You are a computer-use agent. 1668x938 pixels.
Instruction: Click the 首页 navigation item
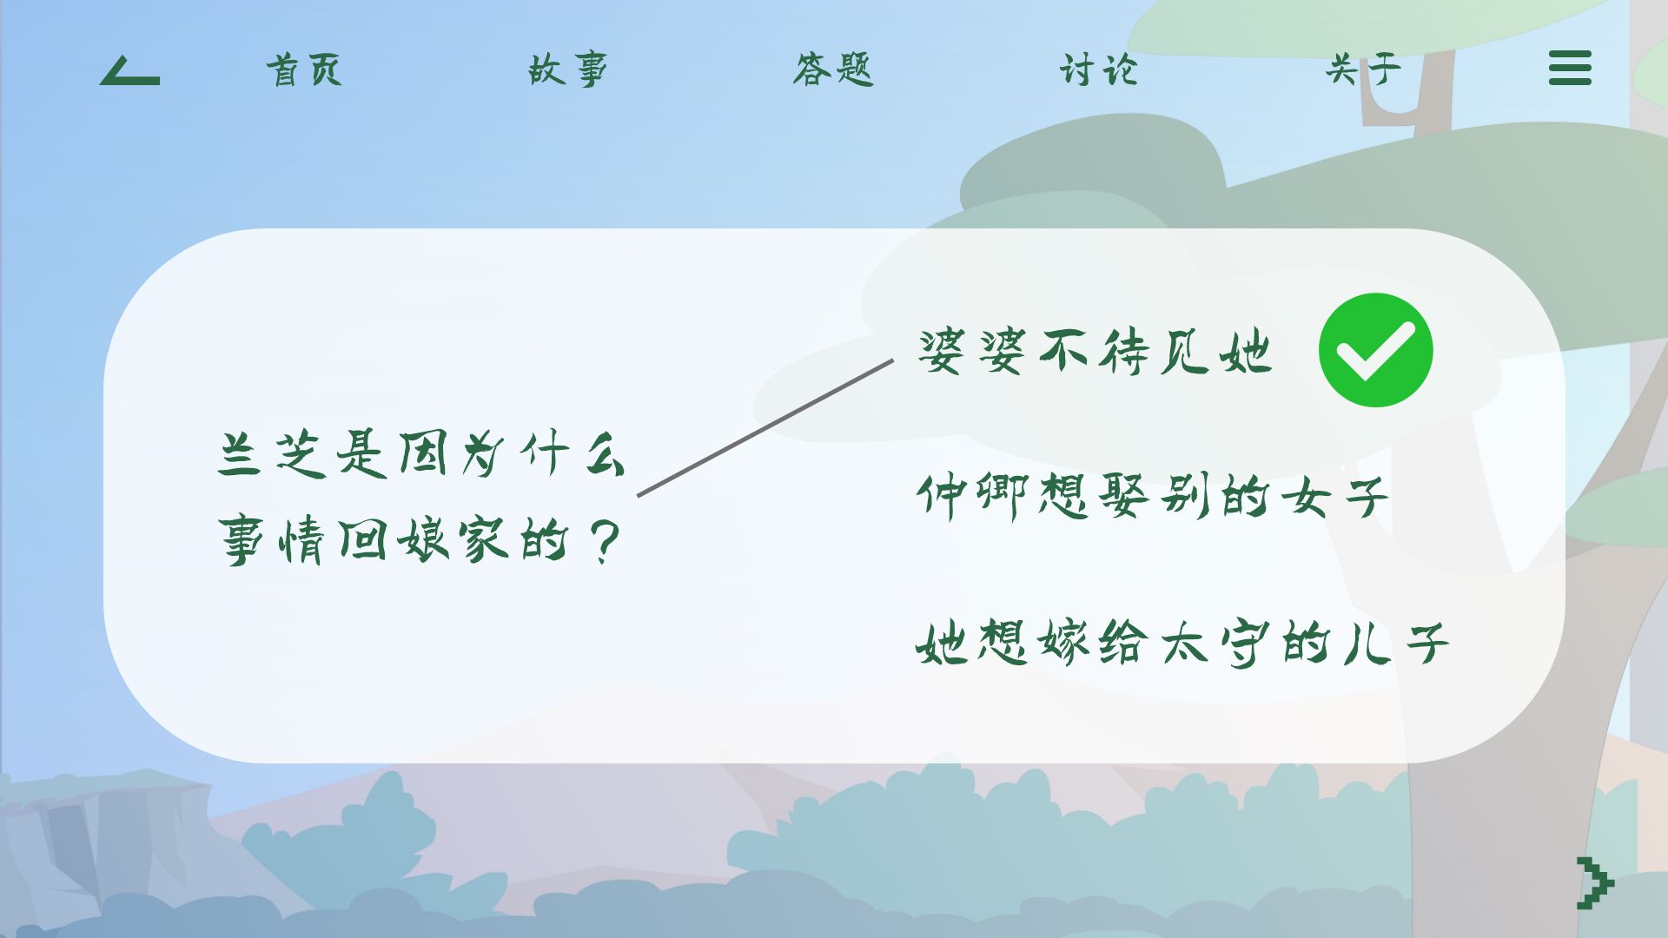304,69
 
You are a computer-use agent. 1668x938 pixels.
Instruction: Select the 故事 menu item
568,69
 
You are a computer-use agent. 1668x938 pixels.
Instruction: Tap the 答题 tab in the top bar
833,69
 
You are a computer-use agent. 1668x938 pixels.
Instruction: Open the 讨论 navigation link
1098,69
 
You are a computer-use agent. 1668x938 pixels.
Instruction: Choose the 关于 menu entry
1363,69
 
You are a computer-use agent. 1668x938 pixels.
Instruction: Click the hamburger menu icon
1570,68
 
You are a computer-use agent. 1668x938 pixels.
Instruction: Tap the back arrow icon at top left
130,71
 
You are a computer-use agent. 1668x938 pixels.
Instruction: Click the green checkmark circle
1375,350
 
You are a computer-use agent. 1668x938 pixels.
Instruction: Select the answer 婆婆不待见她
1095,352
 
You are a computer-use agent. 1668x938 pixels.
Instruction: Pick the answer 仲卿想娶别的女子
1152,497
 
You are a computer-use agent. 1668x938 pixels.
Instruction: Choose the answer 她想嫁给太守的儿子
1182,644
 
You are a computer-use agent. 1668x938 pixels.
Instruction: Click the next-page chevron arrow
1595,883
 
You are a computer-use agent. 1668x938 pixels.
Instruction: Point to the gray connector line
765,428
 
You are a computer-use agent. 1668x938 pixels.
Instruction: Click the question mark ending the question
604,541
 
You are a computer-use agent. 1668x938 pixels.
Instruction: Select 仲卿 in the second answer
974,497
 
